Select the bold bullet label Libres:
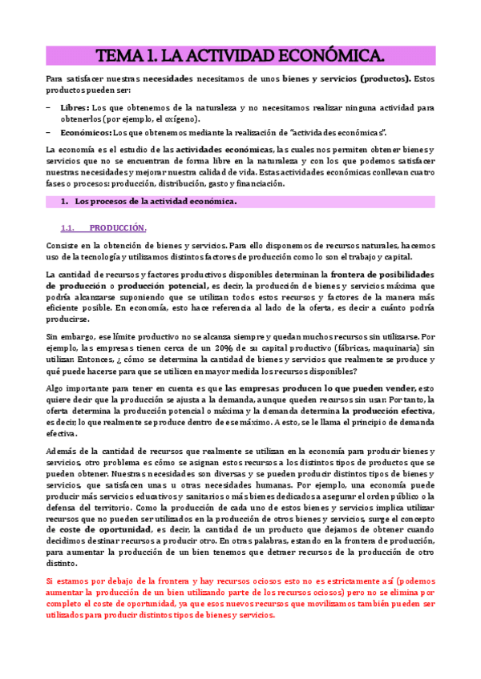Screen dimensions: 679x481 [75, 106]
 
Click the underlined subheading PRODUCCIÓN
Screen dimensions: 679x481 [118, 227]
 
